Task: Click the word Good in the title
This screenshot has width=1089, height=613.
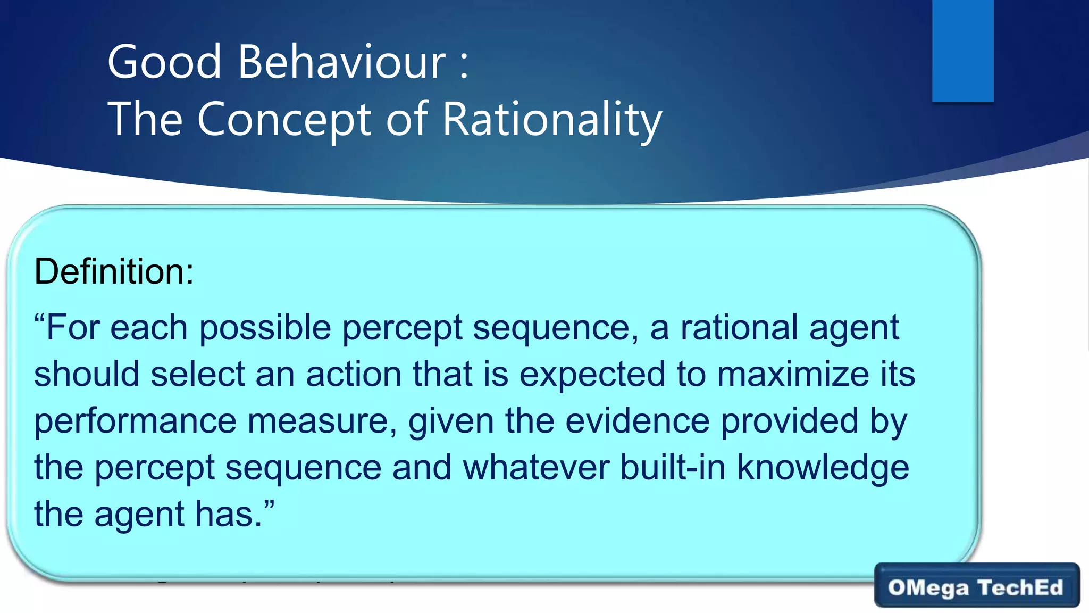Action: pos(164,62)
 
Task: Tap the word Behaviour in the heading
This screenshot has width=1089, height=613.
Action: pos(341,62)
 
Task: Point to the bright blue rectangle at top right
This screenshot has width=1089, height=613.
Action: pos(962,51)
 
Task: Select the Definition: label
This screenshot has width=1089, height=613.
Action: pos(114,271)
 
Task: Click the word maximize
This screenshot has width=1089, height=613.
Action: pos(793,374)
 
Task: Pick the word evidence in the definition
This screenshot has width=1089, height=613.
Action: pos(637,421)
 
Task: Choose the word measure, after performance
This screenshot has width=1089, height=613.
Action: pos(322,421)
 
